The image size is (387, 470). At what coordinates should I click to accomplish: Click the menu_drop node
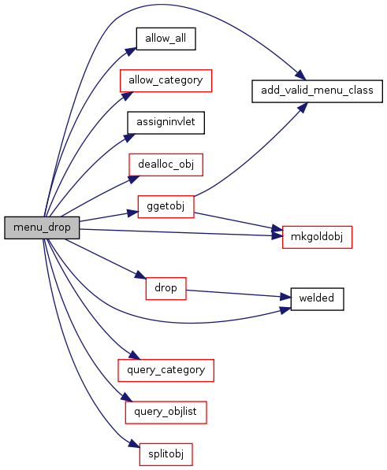click(x=42, y=228)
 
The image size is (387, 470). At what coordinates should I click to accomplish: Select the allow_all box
click(x=166, y=39)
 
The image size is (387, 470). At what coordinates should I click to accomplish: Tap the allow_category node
click(x=166, y=80)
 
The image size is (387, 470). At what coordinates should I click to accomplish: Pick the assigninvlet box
click(x=166, y=123)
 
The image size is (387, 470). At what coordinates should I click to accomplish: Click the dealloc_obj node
click(x=166, y=165)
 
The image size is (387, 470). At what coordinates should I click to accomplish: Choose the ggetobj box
click(x=166, y=206)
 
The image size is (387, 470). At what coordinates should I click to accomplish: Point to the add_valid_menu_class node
click(x=317, y=91)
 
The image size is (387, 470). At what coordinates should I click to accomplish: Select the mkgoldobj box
click(x=317, y=237)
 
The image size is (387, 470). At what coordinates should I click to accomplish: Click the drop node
click(x=166, y=288)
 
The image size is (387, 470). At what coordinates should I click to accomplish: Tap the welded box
click(x=317, y=299)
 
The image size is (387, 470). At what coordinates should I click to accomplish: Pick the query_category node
click(x=166, y=370)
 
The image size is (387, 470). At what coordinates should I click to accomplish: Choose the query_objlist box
click(x=166, y=413)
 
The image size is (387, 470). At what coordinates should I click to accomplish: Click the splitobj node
click(x=166, y=454)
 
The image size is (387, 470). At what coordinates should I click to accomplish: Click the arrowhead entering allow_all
click(x=131, y=51)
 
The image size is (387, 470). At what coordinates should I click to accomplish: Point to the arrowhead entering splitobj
click(x=135, y=444)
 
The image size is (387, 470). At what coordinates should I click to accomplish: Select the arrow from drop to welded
click(x=239, y=294)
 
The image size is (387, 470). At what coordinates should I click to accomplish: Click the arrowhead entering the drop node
click(x=140, y=275)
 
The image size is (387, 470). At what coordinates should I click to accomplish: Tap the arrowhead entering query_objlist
click(x=127, y=397)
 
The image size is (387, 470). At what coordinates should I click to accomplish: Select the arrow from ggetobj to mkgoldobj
click(x=239, y=222)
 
